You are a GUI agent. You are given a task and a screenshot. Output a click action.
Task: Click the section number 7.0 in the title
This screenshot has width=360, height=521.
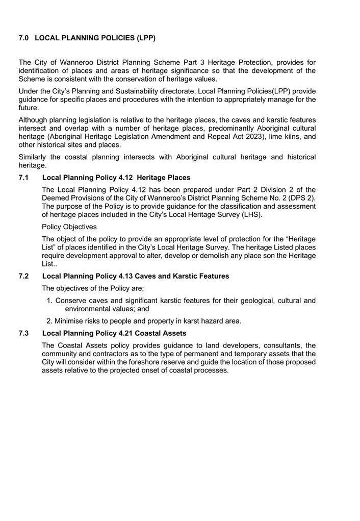pos(23,38)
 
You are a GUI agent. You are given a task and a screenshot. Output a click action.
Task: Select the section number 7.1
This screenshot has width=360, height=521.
pos(23,178)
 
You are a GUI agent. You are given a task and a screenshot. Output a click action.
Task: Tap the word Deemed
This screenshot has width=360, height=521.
pos(56,198)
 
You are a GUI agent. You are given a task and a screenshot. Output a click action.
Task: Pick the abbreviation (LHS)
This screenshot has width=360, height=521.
pos(252,215)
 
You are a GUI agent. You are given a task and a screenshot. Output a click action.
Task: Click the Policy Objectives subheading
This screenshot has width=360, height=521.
pos(69,227)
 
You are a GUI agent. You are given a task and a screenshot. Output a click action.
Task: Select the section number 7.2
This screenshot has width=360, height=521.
pos(23,276)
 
